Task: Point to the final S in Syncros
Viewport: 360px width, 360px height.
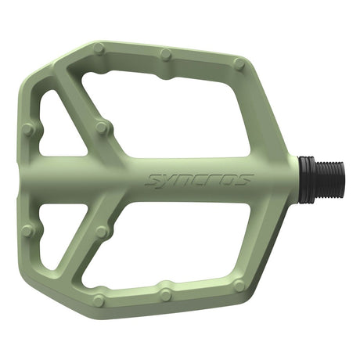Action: coord(246,179)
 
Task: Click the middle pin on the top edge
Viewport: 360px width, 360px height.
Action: coord(166,55)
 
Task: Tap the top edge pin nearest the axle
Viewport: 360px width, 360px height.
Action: coord(239,64)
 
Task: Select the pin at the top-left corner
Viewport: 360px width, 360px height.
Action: coord(99,49)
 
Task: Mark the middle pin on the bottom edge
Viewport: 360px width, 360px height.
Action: coord(166,294)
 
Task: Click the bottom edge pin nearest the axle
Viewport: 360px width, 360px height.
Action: coord(239,286)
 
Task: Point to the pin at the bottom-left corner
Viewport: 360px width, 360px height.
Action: coord(99,300)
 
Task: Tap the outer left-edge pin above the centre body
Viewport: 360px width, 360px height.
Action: coord(28,129)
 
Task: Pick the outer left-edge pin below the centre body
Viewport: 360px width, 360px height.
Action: coord(28,230)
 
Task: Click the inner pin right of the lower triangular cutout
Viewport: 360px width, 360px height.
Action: coord(100,232)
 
